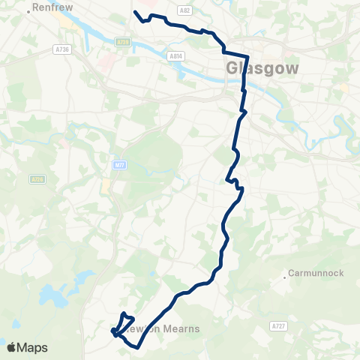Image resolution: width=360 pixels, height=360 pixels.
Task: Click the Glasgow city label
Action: [x=262, y=68]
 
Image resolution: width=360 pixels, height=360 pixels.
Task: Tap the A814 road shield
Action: [x=175, y=55]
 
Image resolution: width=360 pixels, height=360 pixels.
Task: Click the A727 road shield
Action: [x=279, y=326]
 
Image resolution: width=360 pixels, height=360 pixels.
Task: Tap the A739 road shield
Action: [x=124, y=43]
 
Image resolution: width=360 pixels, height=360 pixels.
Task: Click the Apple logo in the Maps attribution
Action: [x=11, y=348]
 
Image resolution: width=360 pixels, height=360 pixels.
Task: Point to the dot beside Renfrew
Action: [x=28, y=12]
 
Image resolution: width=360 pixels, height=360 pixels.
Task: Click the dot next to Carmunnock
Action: [x=285, y=278]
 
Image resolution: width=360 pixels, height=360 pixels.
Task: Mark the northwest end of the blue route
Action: [x=135, y=12]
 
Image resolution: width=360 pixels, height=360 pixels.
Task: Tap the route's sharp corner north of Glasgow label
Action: [x=247, y=56]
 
